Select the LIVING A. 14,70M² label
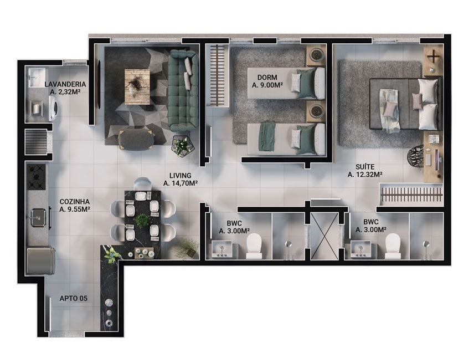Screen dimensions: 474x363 [180, 179]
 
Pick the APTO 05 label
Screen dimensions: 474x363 [74, 299]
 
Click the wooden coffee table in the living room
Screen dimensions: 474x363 [137, 87]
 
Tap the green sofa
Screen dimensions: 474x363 [183, 90]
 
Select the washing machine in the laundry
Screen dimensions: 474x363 [54, 108]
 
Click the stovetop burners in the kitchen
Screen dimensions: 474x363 [37, 177]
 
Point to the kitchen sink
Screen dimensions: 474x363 [39, 217]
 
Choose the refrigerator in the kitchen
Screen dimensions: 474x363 [40, 261]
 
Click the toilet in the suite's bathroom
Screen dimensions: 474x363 [393, 246]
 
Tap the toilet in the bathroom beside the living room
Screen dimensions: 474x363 [254, 246]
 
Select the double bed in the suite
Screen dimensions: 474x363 [404, 104]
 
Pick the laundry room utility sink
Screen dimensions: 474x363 [38, 78]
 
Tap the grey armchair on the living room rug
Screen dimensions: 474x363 [136, 140]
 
